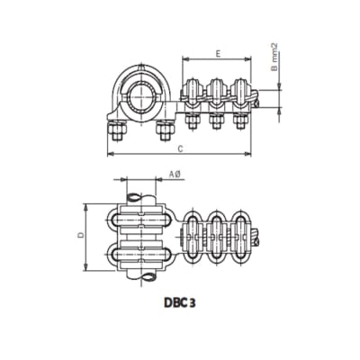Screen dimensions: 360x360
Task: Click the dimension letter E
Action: click(219, 53)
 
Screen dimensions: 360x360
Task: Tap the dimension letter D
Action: click(79, 235)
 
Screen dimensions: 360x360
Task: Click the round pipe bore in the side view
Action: click(141, 95)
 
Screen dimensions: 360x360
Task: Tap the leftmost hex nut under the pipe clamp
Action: click(118, 132)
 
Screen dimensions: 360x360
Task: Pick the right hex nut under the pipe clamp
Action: click(163, 132)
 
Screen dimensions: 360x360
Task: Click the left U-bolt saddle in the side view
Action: click(191, 91)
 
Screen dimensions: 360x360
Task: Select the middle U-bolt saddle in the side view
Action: click(216, 91)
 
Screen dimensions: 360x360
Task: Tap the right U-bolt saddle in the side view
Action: click(240, 91)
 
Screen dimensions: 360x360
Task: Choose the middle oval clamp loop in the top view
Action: click(217, 239)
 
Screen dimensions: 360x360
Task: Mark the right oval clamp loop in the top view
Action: click(241, 239)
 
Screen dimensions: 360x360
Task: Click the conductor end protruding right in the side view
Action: click(259, 104)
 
